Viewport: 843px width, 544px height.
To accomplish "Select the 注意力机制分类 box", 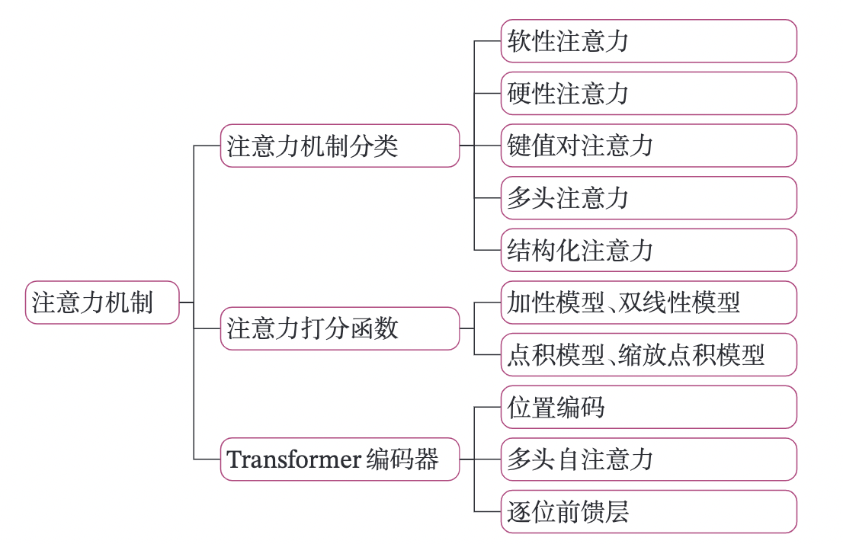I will [340, 146].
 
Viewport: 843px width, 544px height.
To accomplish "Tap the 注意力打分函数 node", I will [340, 328].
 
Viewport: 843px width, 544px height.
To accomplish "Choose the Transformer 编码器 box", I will [340, 459].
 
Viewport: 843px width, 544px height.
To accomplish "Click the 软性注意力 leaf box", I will [649, 41].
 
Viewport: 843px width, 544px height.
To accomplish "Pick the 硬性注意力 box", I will [649, 93].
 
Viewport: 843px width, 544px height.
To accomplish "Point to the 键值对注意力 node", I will [649, 146].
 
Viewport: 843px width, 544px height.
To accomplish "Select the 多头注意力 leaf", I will [649, 198].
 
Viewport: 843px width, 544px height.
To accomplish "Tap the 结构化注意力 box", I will [649, 250].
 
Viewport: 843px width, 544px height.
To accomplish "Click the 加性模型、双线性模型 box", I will [649, 302].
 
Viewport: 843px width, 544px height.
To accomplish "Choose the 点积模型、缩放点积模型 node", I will [649, 354].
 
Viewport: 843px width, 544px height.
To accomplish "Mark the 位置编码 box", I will [649, 407].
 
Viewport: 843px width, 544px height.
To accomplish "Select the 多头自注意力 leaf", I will [649, 459].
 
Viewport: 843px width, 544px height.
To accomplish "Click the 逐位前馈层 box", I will [649, 511].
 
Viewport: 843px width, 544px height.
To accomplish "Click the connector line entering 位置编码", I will [488, 407].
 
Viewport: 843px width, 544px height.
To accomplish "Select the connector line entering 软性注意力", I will [488, 41].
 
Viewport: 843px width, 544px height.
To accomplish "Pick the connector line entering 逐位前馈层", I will [488, 511].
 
